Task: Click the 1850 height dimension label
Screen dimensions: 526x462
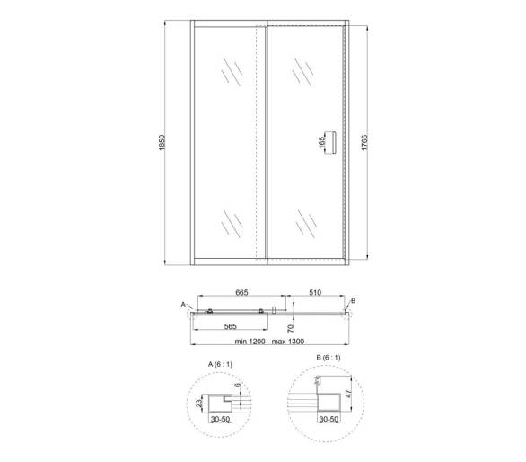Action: (162, 142)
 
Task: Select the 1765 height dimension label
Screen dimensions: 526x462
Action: (364, 142)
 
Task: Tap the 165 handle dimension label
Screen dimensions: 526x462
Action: (322, 142)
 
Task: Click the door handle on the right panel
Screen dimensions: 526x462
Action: (333, 142)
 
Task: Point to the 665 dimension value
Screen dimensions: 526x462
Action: (241, 293)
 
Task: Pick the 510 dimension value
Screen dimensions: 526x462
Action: (315, 293)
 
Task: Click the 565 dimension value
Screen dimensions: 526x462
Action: (231, 326)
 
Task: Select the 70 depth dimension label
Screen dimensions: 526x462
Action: (291, 328)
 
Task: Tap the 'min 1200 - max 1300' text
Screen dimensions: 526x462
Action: (269, 342)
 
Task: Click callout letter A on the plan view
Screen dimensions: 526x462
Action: (183, 304)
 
